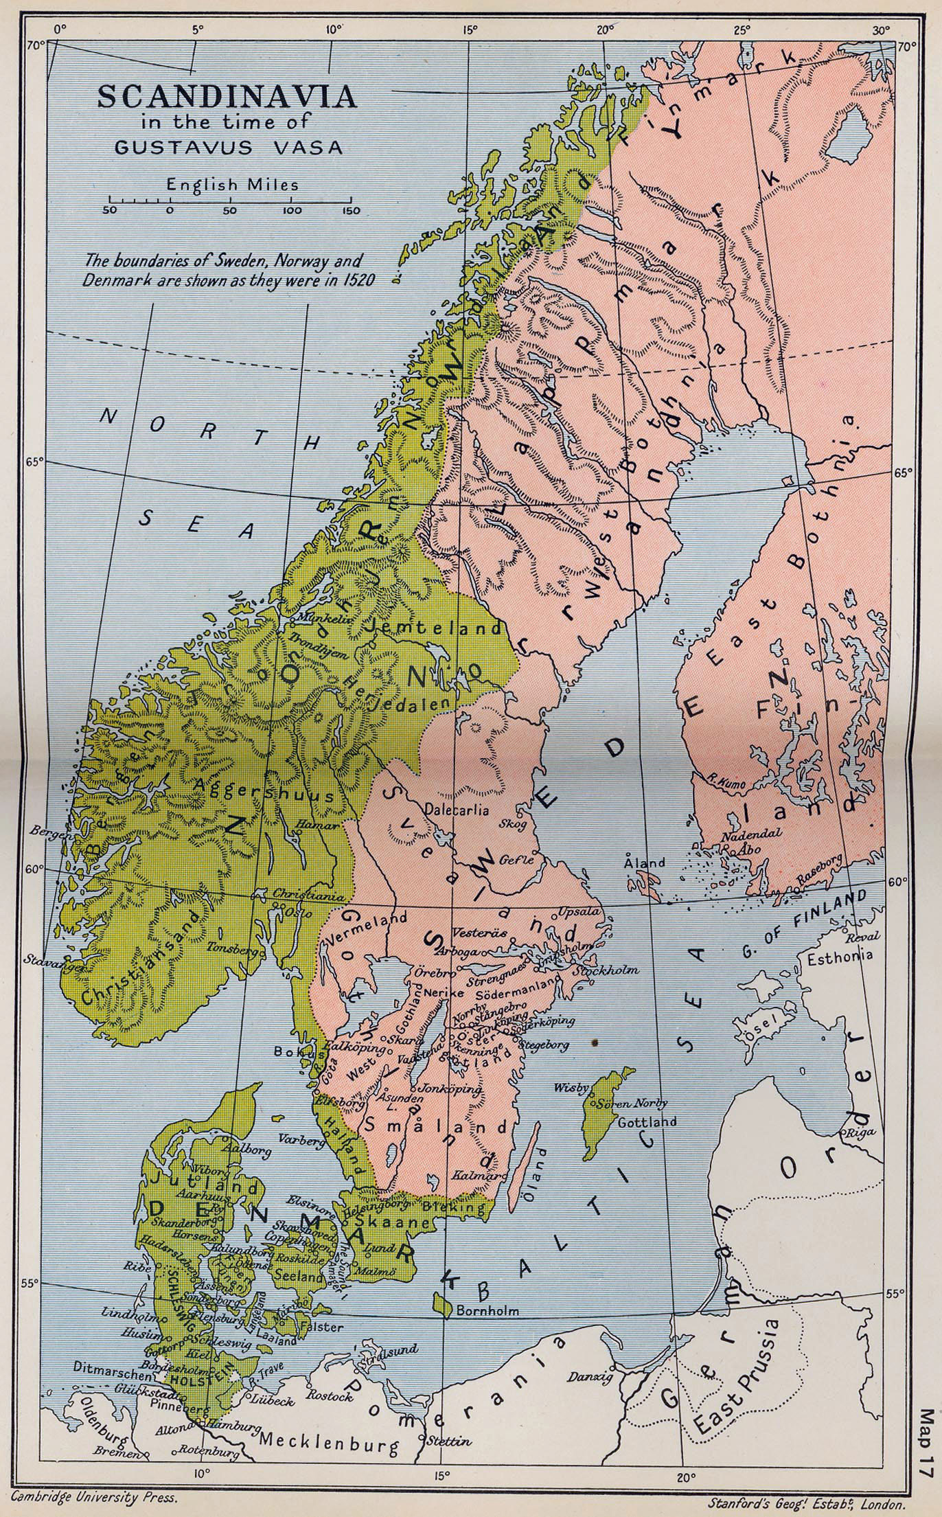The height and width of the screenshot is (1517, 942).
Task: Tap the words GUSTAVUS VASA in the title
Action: pyautogui.click(x=227, y=148)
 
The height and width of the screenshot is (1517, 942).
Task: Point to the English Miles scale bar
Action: pyautogui.click(x=231, y=201)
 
